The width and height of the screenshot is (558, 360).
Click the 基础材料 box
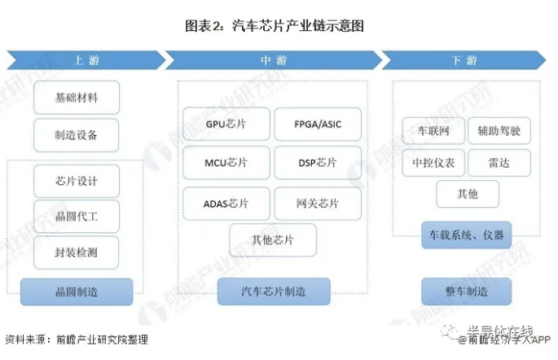77,98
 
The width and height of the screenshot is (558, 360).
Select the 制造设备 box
77,134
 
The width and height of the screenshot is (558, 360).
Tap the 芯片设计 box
77,180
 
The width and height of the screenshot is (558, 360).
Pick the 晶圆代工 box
77,216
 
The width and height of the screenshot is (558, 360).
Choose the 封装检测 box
77,252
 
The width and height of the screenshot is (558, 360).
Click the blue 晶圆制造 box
77,291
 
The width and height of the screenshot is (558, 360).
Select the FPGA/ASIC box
318,125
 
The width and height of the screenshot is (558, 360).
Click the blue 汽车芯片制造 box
274,291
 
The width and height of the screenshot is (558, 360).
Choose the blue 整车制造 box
467,291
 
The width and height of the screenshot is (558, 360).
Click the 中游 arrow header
273,60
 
